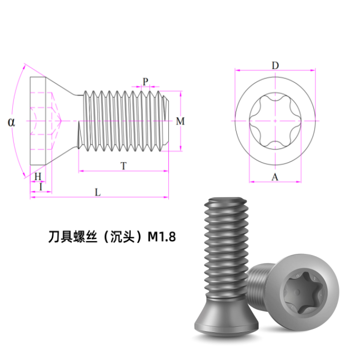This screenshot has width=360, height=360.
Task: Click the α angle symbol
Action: (11, 122)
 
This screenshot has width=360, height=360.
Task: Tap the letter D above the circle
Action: (276, 66)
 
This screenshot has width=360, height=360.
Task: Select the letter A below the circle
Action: (275, 177)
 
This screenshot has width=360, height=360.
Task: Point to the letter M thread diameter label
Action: (180, 121)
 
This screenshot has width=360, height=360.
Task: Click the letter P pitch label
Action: (146, 82)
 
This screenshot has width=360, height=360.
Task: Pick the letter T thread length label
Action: (123, 166)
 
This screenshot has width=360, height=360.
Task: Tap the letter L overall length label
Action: (98, 192)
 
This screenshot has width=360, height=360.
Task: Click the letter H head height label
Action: (38, 177)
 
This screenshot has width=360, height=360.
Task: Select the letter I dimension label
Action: (41, 187)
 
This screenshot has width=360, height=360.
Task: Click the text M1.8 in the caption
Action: (162, 237)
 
